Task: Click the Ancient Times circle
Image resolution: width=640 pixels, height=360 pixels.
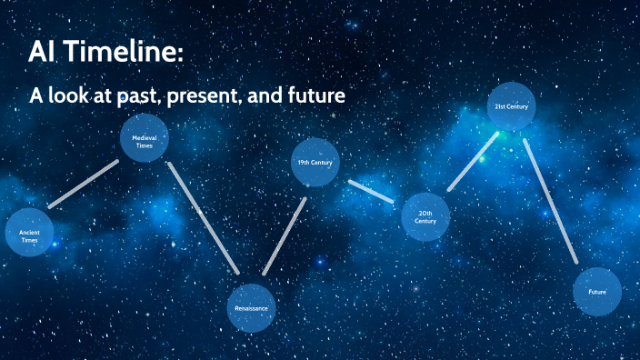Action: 29,233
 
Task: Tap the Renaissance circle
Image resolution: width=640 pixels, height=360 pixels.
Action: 251,307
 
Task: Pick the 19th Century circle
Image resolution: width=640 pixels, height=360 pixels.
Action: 315,163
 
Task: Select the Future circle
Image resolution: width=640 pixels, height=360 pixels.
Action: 597,292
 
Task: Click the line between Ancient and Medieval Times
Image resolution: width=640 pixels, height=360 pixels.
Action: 83,185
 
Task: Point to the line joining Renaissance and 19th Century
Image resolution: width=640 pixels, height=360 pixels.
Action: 284,235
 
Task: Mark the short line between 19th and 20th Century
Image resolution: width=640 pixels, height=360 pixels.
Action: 371,190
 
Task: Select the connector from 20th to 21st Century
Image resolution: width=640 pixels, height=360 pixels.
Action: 473,162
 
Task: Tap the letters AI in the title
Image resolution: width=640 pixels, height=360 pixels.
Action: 43,53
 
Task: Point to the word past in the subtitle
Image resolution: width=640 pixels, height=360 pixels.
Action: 147,95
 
